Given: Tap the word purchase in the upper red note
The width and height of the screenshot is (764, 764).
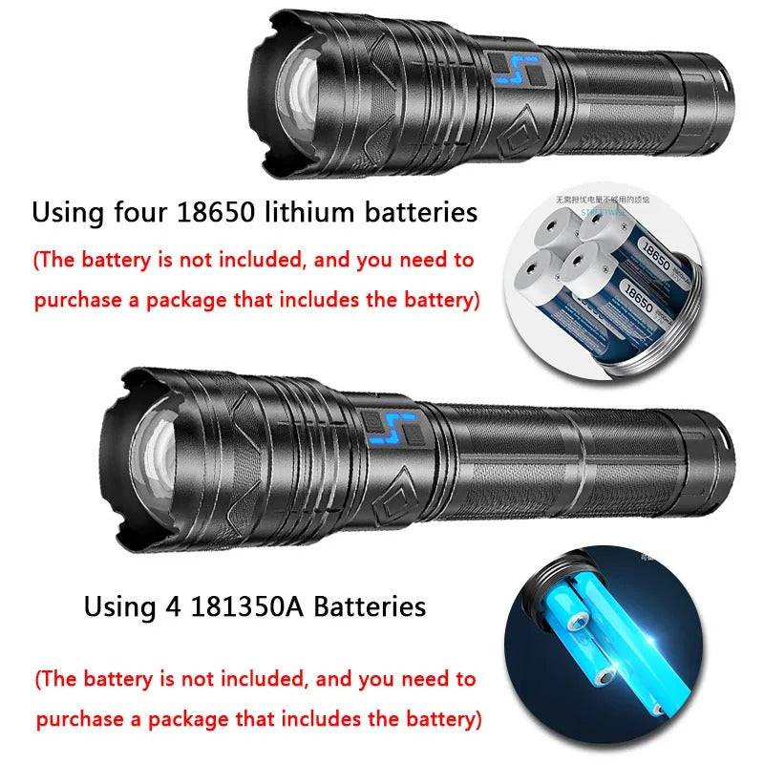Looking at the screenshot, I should (x=77, y=300).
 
